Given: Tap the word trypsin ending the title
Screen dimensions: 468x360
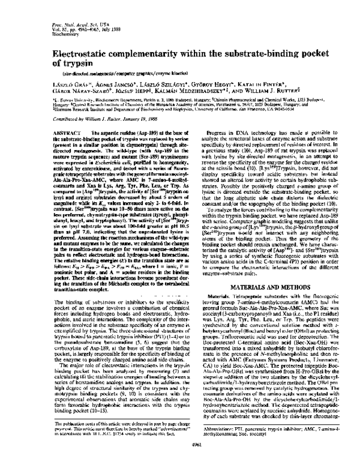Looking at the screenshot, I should click(x=66, y=63).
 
